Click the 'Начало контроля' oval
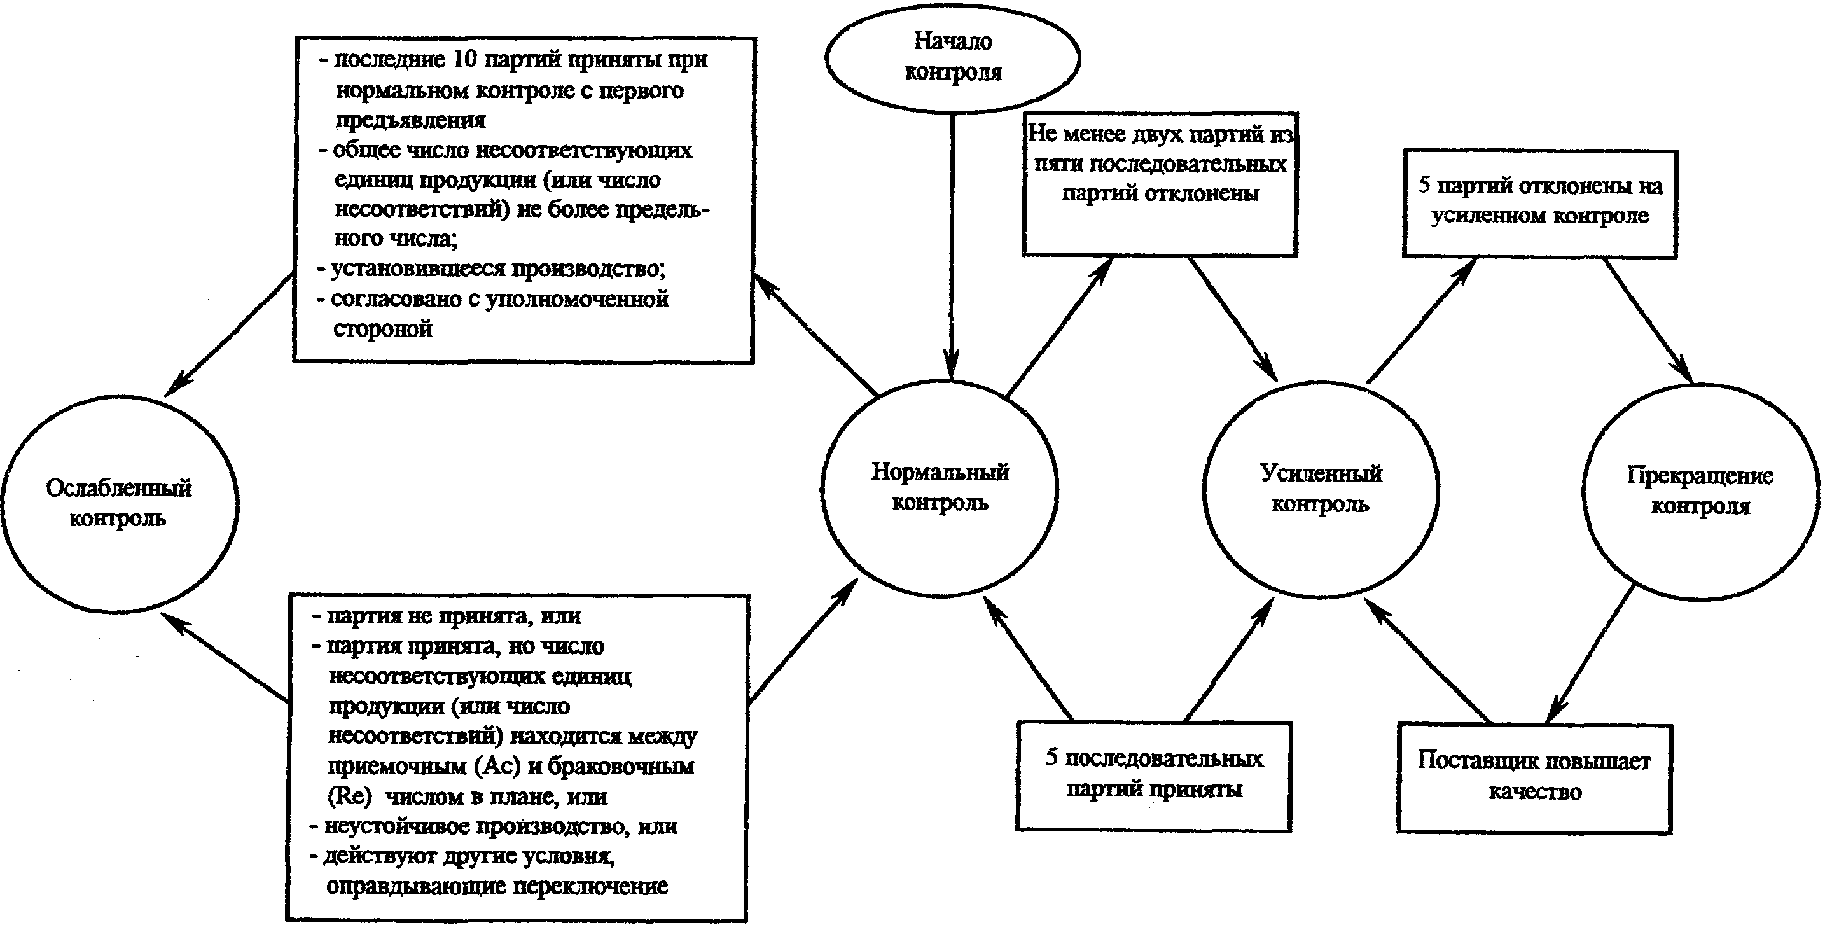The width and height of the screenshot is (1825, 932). (952, 57)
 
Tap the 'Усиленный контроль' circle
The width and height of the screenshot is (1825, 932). (1321, 489)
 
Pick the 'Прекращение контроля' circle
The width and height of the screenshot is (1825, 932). (1700, 490)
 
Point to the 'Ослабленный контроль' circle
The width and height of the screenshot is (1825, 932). (119, 503)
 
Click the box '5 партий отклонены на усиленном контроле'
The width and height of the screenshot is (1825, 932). (1540, 203)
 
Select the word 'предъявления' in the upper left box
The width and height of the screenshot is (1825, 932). (410, 120)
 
